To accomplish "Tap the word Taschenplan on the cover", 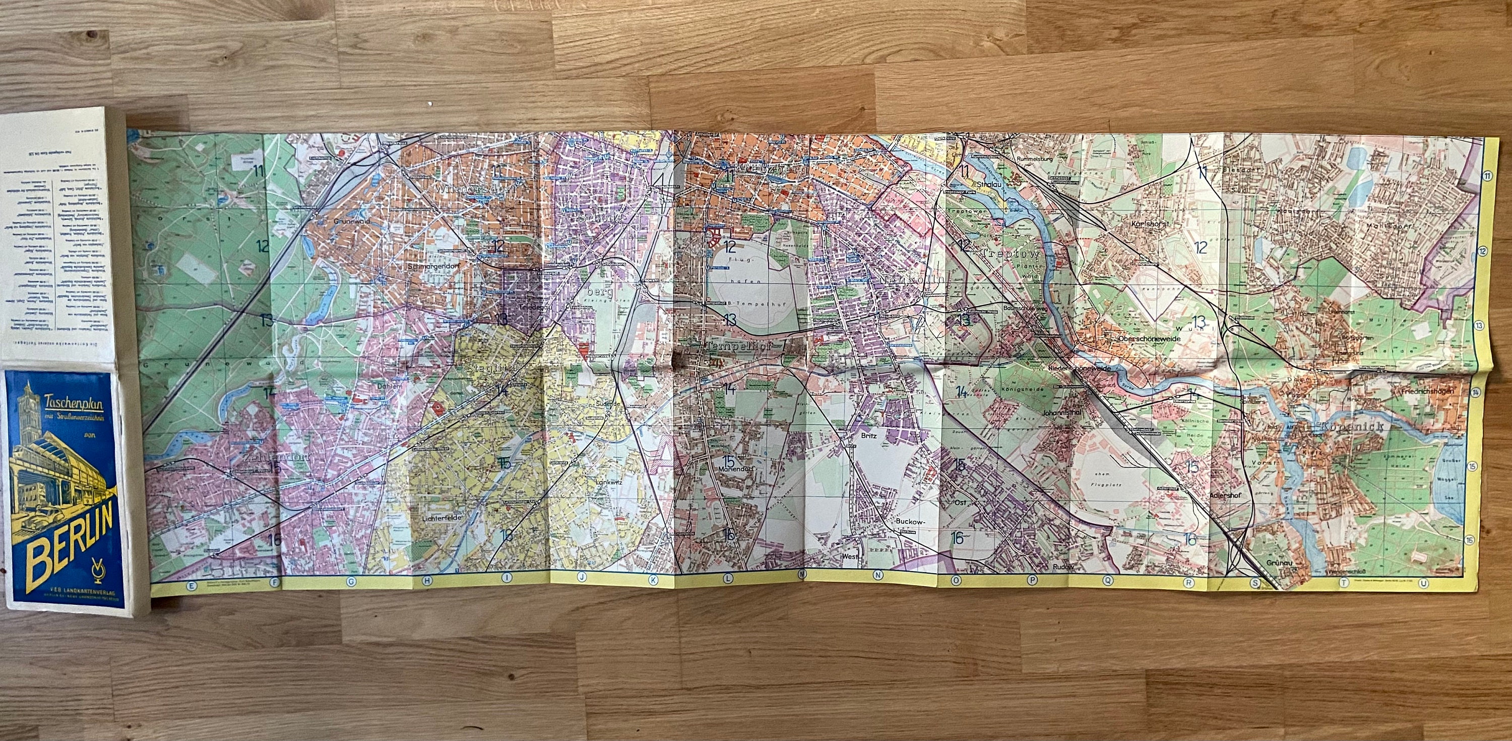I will coord(71,402).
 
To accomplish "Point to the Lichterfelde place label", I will coord(439,519).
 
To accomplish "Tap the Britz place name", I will coord(869,436).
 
